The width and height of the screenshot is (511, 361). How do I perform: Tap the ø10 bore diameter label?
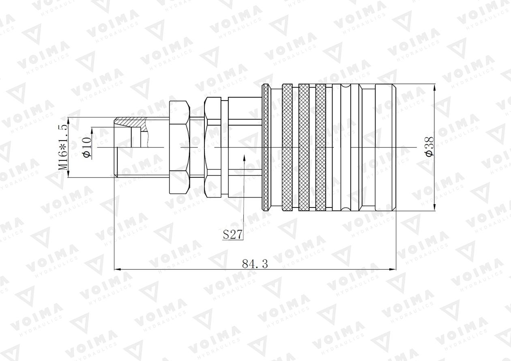[x=86, y=147]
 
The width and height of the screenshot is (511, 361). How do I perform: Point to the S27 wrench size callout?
[x=233, y=235]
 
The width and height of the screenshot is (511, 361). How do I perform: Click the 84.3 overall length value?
[x=255, y=264]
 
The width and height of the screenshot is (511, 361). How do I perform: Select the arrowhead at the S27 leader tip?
[x=244, y=158]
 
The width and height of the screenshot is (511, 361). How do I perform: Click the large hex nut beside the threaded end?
[x=178, y=147]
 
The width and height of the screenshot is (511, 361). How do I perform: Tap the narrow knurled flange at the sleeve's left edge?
[x=266, y=147]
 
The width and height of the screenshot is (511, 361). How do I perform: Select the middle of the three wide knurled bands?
[x=304, y=147]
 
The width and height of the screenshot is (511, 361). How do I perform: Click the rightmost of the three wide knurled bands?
[x=321, y=147]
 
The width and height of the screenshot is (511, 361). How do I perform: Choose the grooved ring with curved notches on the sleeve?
[x=346, y=147]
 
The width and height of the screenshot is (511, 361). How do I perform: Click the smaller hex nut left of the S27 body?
[x=213, y=147]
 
